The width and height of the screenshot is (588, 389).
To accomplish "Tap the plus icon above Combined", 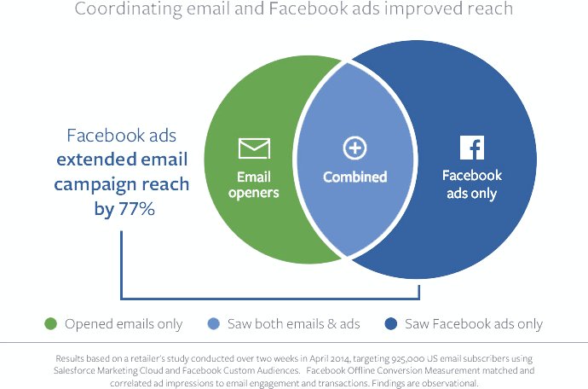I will click(355, 148).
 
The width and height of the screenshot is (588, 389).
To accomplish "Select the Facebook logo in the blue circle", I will click(471, 148).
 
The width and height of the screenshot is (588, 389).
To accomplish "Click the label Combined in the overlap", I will click(355, 177).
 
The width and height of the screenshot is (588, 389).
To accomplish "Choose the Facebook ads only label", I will click(471, 184).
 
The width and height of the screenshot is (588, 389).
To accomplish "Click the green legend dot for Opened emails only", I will click(51, 324).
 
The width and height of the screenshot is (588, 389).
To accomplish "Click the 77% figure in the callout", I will click(136, 207).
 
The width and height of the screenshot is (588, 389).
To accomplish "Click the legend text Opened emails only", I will click(124, 324).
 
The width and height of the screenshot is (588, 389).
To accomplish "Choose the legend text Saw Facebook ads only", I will click(475, 324).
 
